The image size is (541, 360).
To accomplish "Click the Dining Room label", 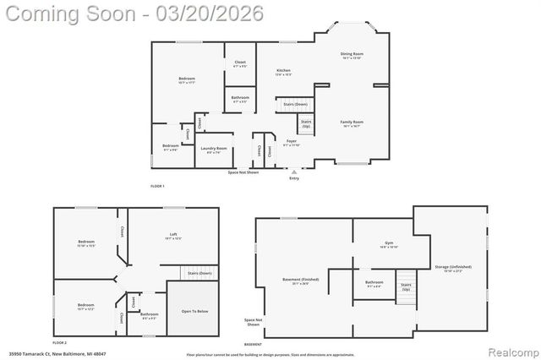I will tap(352, 54).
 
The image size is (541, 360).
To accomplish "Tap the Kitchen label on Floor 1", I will tap(283, 70).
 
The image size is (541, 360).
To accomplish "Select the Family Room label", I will tap(352, 122).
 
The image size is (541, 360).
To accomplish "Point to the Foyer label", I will tap(291, 141).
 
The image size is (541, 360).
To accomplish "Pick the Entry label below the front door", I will tap(294, 178).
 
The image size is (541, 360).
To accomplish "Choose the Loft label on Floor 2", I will tap(172, 236).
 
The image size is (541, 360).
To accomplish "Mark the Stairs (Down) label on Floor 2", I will tap(199, 274).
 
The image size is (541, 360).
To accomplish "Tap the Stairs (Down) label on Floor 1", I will tap(295, 104).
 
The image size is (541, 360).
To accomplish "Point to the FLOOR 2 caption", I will tap(59, 342).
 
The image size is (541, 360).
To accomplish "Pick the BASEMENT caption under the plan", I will tap(253, 344).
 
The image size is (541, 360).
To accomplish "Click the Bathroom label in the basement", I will tap(374, 282).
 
